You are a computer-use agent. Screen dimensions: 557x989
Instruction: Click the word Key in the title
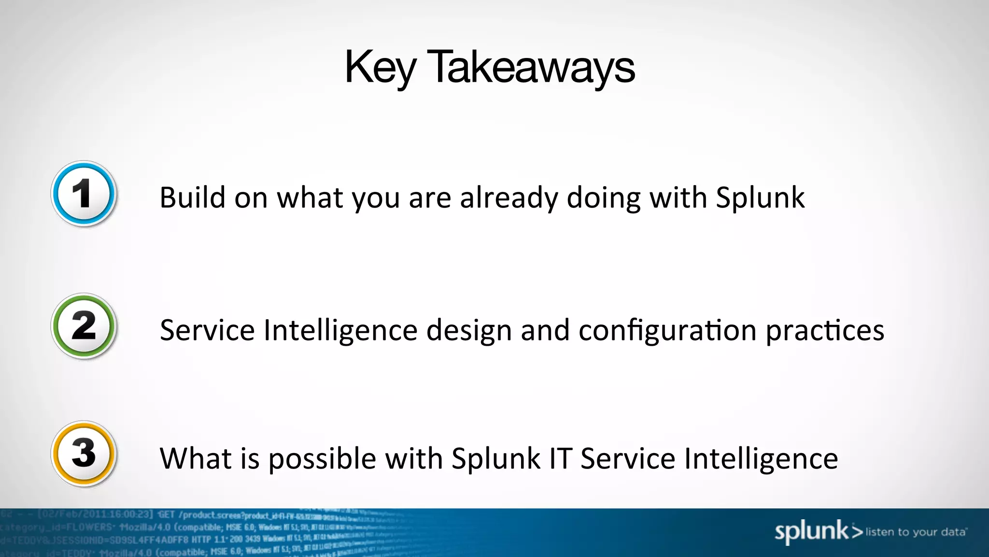[380, 68]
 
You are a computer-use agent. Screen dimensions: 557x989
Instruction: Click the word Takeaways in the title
[531, 68]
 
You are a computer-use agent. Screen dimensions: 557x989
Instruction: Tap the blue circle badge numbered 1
[84, 193]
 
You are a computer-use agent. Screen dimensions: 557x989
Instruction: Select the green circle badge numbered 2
[84, 326]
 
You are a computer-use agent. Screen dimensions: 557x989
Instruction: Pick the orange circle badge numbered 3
[84, 454]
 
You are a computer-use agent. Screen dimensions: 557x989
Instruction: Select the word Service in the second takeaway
[207, 330]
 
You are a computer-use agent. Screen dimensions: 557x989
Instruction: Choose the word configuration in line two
[667, 330]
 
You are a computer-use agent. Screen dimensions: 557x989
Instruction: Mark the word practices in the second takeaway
[825, 330]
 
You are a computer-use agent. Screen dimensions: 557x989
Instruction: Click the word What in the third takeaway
[195, 458]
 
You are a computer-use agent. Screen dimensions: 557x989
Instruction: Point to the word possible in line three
[322, 458]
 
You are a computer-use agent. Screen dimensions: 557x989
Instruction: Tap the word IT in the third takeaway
[560, 458]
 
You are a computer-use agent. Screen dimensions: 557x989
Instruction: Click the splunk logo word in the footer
[811, 531]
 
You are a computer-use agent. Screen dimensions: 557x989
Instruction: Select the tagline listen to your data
[916, 532]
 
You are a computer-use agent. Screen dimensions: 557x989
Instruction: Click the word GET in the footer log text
[166, 514]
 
